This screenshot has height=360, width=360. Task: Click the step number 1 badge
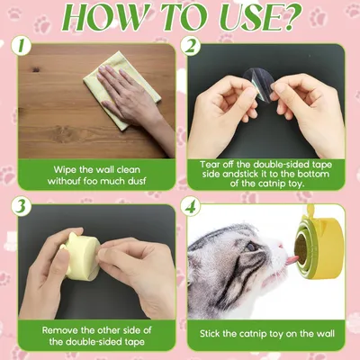[21, 46]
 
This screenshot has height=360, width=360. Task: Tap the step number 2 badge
[190, 47]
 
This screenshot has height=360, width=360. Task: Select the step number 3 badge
[21, 206]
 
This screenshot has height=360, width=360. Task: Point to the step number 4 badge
[190, 207]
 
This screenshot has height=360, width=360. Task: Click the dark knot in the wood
[36, 69]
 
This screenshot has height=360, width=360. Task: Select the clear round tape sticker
[258, 82]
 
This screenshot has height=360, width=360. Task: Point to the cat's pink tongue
[292, 260]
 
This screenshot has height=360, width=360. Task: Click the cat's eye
[251, 247]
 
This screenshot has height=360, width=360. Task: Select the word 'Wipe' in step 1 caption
[65, 170]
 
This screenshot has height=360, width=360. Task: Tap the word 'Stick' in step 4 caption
[210, 334]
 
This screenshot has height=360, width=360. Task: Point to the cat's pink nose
[281, 247]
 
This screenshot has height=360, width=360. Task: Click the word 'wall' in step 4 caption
[326, 334]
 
